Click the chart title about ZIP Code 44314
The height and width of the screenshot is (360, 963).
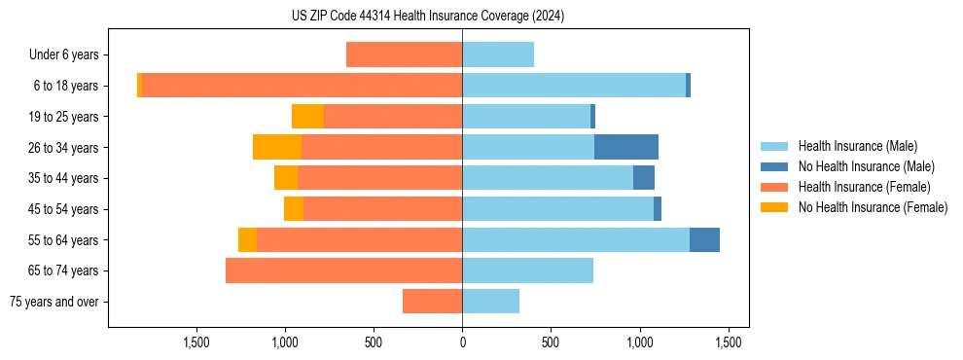(428, 17)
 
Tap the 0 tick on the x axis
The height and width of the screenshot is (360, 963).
(462, 342)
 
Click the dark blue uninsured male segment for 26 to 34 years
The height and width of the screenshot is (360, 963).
(626, 147)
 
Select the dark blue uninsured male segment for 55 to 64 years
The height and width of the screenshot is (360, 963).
(704, 239)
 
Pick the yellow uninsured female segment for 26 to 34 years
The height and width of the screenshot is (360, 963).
(277, 147)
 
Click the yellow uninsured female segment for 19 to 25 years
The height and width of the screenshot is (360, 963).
(307, 117)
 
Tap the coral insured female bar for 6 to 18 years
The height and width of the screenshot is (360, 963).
(302, 86)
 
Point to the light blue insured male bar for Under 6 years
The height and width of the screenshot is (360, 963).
(498, 54)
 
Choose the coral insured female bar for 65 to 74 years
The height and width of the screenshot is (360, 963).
(343, 270)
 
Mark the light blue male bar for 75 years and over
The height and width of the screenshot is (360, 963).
(490, 302)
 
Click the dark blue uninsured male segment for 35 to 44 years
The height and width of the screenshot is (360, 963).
(644, 178)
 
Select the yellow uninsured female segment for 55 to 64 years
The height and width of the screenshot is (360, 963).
(247, 239)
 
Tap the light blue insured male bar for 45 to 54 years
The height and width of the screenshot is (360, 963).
(557, 209)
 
